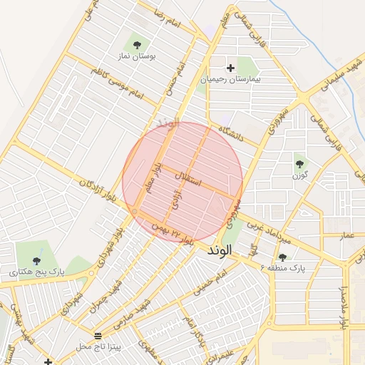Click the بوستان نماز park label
tap(138, 55)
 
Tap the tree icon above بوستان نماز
tap(137, 44)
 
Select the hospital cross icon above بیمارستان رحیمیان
tap(230, 68)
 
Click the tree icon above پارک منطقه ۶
tap(283, 257)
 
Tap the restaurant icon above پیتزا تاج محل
tap(98, 335)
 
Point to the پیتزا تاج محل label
tap(100, 346)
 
